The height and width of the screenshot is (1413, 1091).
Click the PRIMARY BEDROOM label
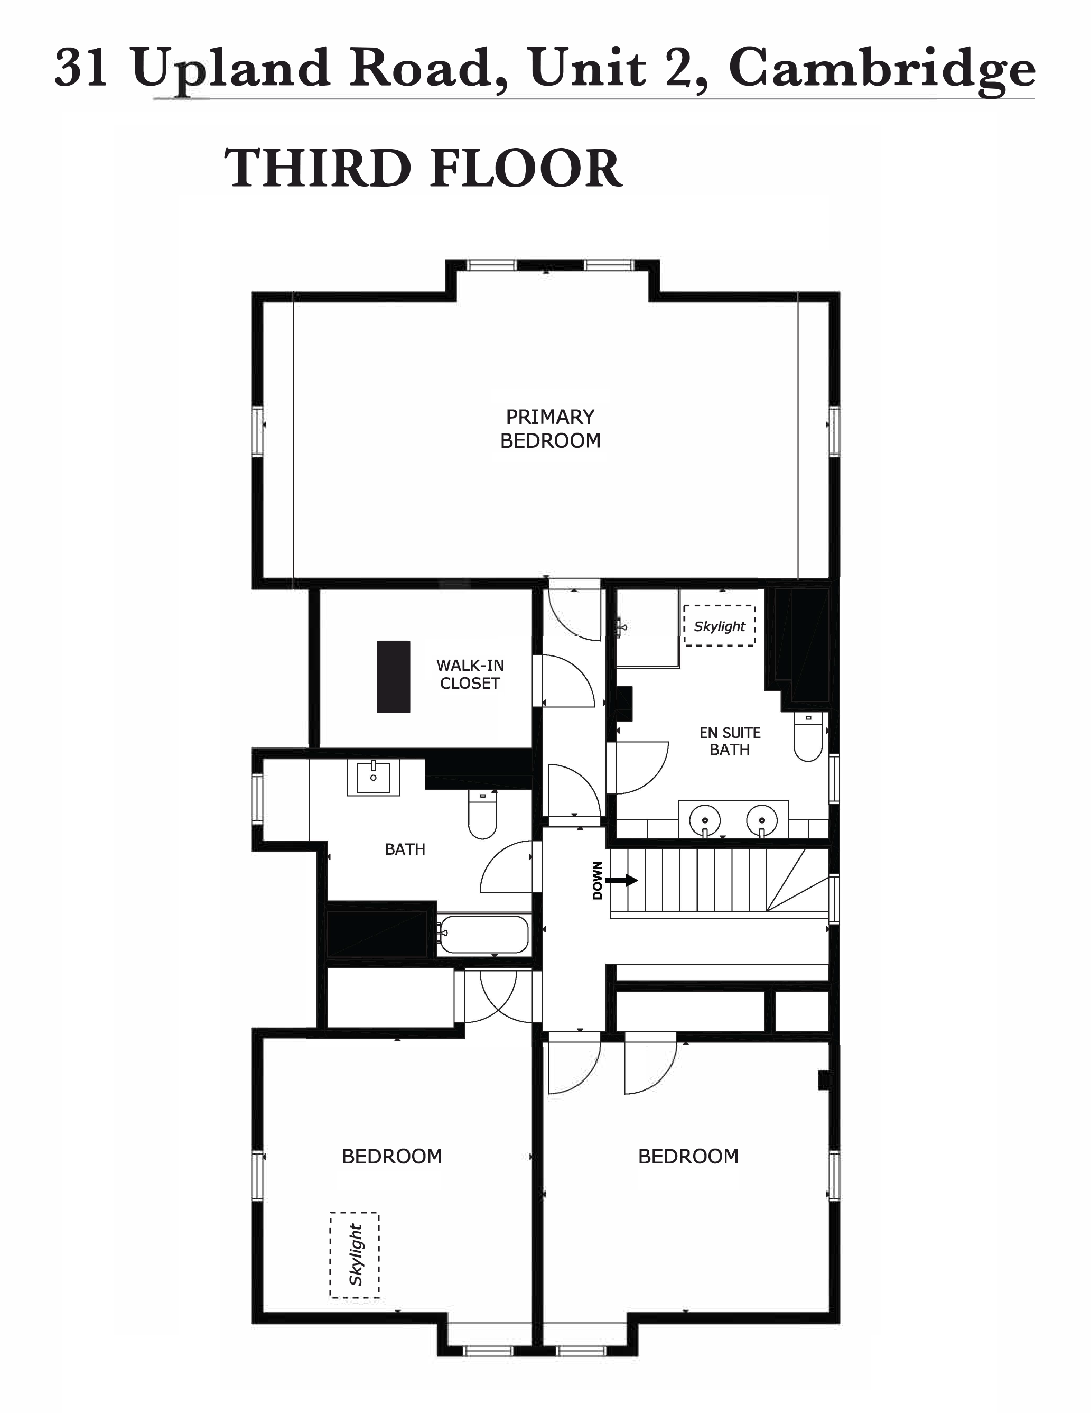click(551, 428)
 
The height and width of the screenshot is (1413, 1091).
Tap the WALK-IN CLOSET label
click(470, 674)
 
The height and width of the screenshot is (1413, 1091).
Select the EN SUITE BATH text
click(730, 741)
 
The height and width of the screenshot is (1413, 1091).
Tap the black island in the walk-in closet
click(393, 677)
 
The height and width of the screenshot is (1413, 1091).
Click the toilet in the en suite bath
click(808, 737)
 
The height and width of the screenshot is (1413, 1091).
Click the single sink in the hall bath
click(373, 777)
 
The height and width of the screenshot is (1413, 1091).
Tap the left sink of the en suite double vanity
click(705, 820)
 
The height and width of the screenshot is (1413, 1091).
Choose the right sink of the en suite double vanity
click(762, 820)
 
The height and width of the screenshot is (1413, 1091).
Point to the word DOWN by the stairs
click(598, 881)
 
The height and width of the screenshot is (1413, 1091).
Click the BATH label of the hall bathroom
click(405, 849)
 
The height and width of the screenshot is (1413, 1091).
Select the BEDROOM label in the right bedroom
click(688, 1156)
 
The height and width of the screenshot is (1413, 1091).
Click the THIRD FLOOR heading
click(424, 168)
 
